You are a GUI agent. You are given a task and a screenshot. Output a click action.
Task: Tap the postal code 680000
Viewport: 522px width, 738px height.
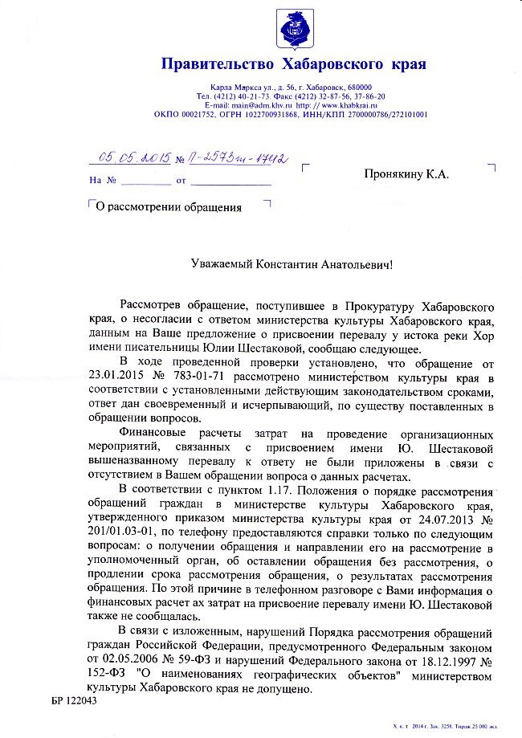pyautogui.click(x=353, y=87)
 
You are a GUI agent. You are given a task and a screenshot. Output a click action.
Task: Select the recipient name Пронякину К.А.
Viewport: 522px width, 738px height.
pyautogui.click(x=406, y=173)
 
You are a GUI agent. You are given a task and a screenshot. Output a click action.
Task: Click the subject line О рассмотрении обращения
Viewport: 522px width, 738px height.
pyautogui.click(x=169, y=207)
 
